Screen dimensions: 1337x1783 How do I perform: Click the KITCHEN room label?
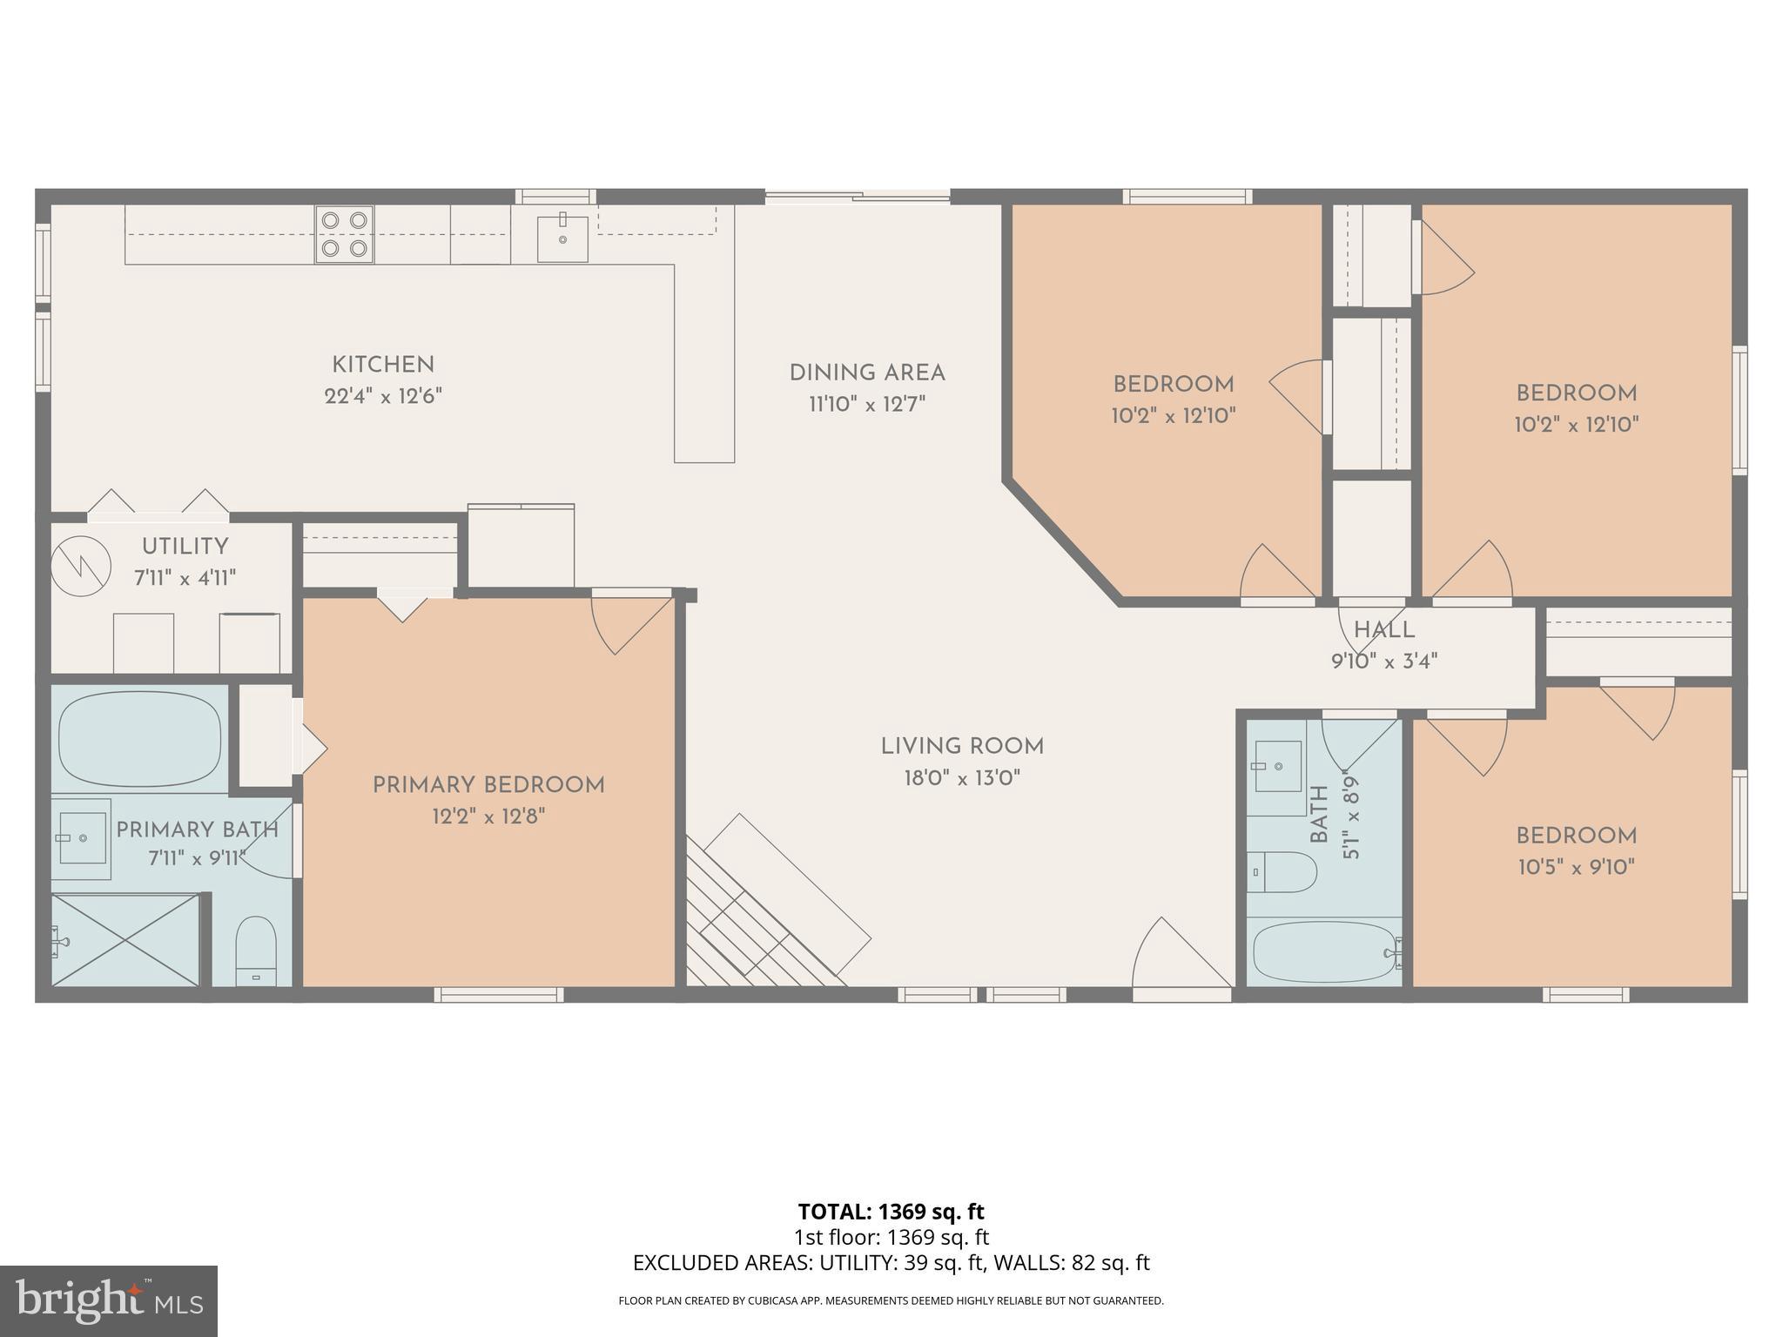point(383,365)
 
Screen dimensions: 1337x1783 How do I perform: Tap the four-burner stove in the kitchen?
point(344,234)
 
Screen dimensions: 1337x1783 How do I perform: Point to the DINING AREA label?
point(867,373)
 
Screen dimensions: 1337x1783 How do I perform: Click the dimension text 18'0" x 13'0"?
point(961,778)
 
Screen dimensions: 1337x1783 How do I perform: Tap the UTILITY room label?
point(185,547)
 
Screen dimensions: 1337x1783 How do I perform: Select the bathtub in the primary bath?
point(139,739)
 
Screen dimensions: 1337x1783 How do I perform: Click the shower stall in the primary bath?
point(125,940)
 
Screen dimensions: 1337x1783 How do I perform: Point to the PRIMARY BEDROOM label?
point(488,785)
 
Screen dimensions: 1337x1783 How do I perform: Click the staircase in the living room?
point(766,914)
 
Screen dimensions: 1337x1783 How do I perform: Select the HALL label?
point(1383,630)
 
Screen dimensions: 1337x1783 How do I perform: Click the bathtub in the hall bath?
point(1323,952)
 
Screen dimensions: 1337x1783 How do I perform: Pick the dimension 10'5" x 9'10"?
point(1576,867)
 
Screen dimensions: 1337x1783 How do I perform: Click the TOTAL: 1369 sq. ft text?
point(891,1212)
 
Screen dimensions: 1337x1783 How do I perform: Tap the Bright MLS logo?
point(108,1300)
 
